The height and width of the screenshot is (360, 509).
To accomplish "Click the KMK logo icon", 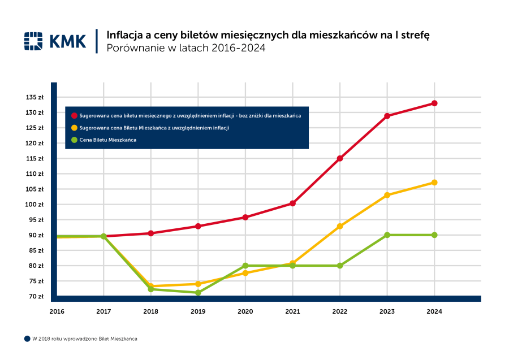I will tap(33, 41).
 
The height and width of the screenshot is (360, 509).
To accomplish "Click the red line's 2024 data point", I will tap(434, 103).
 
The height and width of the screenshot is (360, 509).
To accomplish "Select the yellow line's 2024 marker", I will tap(434, 183).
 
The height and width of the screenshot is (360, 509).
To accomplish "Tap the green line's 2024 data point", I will tap(434, 235).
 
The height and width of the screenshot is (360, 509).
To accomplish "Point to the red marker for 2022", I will tap(340, 158).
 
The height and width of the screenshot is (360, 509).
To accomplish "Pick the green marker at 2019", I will tap(198, 293).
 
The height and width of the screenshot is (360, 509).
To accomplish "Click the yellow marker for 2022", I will tap(340, 226).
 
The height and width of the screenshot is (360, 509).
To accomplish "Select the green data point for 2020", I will tap(245, 266).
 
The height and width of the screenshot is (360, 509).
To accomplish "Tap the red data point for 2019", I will tap(198, 226).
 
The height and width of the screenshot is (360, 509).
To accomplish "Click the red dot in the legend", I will tap(74, 115).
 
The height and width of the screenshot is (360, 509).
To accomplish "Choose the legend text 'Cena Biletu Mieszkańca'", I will tap(108, 140).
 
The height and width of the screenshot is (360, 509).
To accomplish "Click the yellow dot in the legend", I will tap(74, 128).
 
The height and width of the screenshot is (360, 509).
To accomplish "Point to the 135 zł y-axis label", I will tap(35, 97).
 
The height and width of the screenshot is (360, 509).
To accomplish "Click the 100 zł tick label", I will tap(35, 205).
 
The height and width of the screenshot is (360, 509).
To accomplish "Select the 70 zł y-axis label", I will tap(36, 296).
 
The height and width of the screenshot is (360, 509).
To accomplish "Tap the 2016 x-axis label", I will tap(57, 311).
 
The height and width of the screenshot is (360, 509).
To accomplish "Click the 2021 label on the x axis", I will tap(292, 311).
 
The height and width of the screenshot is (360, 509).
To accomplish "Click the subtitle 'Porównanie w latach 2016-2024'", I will tap(186, 49).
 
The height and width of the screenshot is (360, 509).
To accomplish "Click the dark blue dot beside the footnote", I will tap(27, 339).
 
